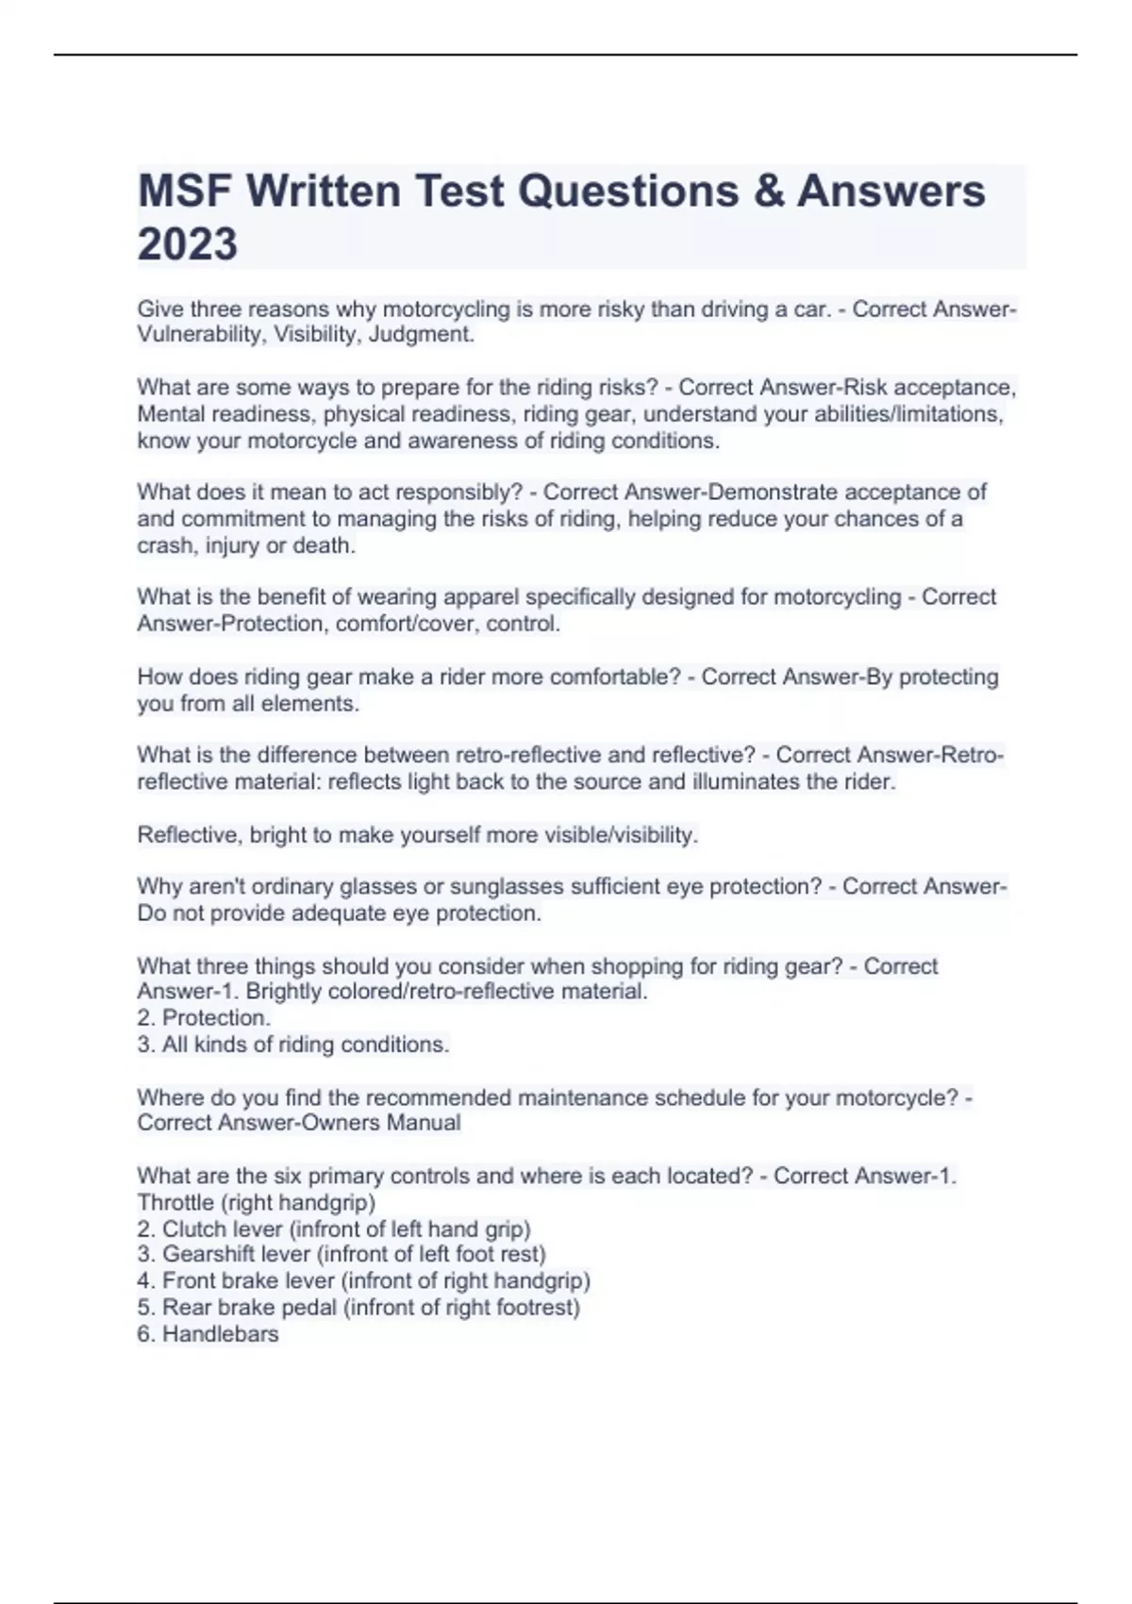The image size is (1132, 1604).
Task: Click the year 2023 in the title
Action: click(188, 244)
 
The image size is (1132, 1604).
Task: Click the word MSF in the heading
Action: click(185, 192)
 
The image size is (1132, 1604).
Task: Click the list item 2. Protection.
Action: click(204, 1018)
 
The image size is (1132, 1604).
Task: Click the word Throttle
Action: click(175, 1203)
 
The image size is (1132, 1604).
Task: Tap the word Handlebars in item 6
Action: click(220, 1334)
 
